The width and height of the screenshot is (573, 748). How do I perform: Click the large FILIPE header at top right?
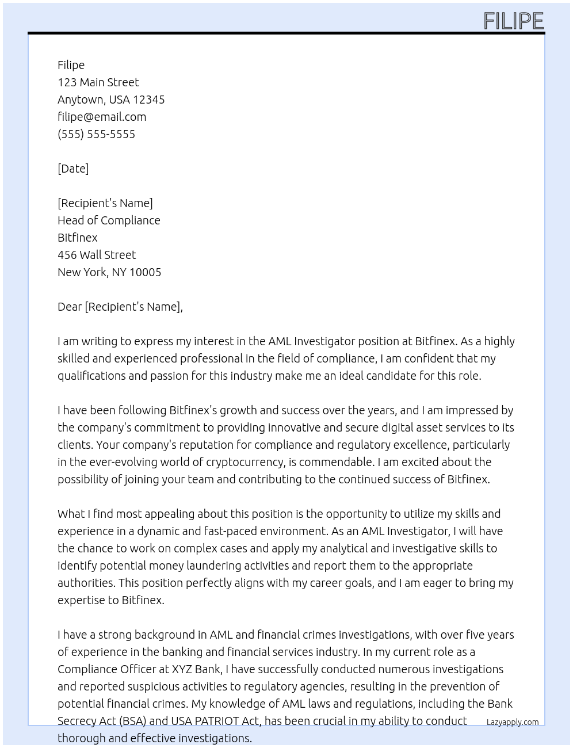coord(513,21)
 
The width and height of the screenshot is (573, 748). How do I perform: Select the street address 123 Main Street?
coord(98,82)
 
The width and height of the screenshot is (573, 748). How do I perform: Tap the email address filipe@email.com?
coord(102,117)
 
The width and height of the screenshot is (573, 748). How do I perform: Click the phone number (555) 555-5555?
coord(96,134)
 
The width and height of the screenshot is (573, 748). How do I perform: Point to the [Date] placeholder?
coord(73,169)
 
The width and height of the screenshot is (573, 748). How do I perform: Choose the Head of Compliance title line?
coord(109,220)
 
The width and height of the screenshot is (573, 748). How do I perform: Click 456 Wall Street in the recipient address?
coord(97,255)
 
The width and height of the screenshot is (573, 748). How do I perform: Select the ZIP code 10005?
coord(146,272)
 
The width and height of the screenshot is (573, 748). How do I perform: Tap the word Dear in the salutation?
coord(70,307)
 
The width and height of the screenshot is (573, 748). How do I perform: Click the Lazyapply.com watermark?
coord(512,722)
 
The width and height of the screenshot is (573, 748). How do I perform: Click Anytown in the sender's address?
coord(81,100)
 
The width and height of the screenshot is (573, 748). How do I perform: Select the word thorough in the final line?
coord(81,738)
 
